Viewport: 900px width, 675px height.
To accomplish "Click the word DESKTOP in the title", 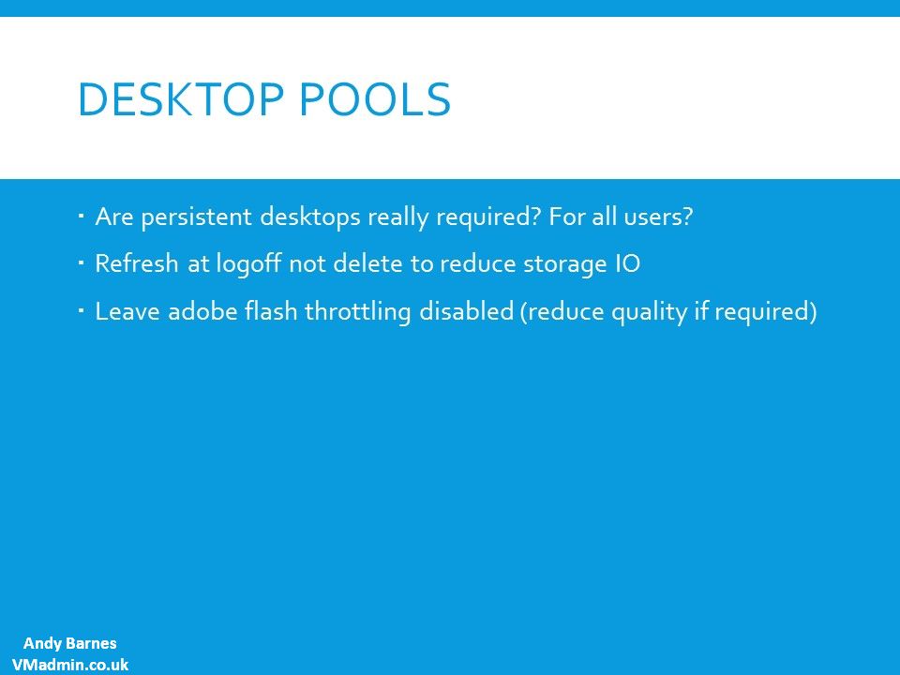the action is point(181,99).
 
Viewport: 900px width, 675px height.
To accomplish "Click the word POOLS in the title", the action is point(375,99).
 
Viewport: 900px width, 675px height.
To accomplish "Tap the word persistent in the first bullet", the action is point(196,217).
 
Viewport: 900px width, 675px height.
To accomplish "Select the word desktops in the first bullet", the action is point(310,217).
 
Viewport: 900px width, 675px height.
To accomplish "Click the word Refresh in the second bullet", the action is point(137,263).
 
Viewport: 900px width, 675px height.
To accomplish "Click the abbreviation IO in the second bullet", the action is point(623,264).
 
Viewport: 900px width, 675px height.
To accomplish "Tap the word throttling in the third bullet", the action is point(357,312).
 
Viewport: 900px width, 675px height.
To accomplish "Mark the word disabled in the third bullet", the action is point(466,311).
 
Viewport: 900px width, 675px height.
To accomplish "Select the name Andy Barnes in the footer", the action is point(70,643).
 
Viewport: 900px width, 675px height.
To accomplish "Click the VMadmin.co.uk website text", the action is point(70,665).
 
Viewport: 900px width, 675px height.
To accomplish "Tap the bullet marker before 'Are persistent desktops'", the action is point(81,217).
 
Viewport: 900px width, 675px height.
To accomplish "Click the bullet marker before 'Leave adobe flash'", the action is point(81,311).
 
